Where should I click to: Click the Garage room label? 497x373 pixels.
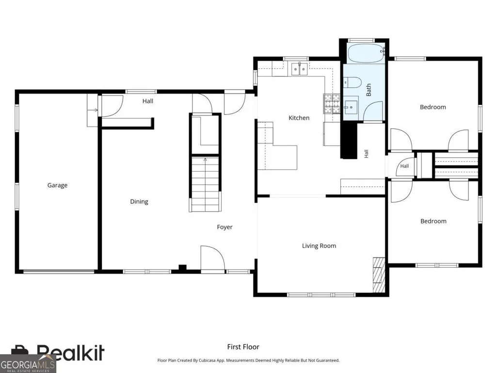[x=57, y=185]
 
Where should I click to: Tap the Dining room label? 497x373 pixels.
[x=139, y=202]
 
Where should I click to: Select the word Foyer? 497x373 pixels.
[x=224, y=227]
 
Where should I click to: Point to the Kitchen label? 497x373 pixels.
[x=299, y=118]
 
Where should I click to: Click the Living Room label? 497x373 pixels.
[x=319, y=246]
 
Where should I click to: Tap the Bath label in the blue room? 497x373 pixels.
[x=369, y=90]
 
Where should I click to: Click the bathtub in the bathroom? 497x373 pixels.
[x=366, y=54]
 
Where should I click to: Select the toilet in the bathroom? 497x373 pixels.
[x=353, y=82]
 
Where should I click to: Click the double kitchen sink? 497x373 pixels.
[x=299, y=69]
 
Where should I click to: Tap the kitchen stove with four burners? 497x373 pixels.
[x=332, y=104]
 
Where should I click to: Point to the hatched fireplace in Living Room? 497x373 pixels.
[x=379, y=275]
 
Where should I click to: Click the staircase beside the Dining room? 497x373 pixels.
[x=205, y=184]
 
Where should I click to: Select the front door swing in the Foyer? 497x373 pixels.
[x=213, y=259]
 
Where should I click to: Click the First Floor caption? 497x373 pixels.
[x=243, y=347]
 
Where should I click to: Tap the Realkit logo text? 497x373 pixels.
[x=70, y=353]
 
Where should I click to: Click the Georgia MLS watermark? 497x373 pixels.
[x=28, y=364]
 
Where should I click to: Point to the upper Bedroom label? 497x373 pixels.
[x=433, y=107]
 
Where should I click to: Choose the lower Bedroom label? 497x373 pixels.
[x=433, y=221]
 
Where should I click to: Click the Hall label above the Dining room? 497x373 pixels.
[x=148, y=101]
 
